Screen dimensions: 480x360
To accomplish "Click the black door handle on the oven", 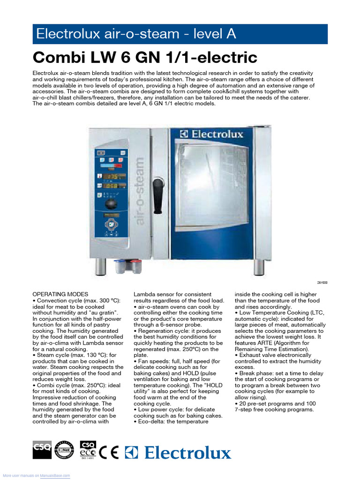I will pyautogui.click(x=158, y=192).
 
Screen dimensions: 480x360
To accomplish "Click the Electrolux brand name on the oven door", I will pyautogui.click(x=212, y=135).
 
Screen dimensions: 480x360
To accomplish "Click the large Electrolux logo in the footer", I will pyautogui.click(x=180, y=453).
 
